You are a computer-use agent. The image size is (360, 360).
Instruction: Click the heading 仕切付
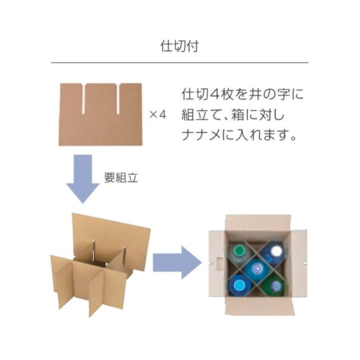(179, 46)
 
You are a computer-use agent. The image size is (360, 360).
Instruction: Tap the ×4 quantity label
(158, 114)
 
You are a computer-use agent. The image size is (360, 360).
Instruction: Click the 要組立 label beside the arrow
(121, 177)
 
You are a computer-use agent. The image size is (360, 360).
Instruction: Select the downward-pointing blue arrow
(83, 179)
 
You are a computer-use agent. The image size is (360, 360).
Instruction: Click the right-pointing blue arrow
(177, 262)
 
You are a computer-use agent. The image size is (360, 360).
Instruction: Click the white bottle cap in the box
(276, 251)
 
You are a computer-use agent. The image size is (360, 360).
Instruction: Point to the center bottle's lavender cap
(258, 268)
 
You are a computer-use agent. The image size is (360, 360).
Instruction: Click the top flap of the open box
(258, 223)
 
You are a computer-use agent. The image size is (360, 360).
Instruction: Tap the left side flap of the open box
(217, 264)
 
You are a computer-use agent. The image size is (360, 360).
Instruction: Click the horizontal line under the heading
(180, 62)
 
